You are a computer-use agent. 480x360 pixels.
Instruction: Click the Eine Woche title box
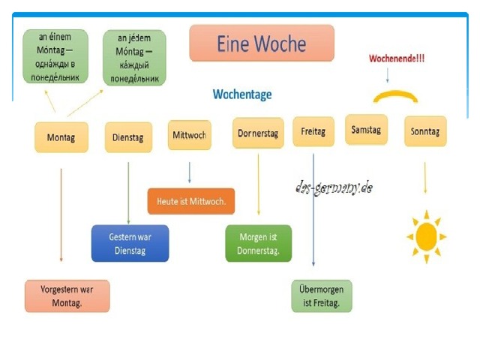(x=262, y=43)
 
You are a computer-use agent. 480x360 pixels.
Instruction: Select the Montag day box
(x=61, y=137)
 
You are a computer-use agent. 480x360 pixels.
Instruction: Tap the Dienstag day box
(x=128, y=137)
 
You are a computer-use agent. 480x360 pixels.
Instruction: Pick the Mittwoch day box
(x=190, y=135)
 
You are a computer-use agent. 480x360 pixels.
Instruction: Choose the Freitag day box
(x=313, y=131)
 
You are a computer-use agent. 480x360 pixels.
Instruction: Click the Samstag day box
(x=366, y=130)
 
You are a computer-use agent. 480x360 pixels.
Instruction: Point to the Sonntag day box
(x=425, y=131)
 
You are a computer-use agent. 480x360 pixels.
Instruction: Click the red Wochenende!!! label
(x=397, y=58)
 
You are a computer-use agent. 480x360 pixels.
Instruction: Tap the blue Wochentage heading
(x=242, y=94)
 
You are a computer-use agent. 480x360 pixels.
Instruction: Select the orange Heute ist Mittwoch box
(x=191, y=201)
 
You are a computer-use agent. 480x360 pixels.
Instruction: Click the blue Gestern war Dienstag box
(x=130, y=243)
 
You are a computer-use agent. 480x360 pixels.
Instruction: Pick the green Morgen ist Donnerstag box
(x=258, y=243)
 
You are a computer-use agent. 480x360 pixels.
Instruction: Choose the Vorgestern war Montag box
(x=67, y=296)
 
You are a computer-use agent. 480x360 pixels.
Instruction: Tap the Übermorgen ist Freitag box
(x=322, y=296)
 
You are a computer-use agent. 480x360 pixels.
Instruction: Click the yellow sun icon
(x=427, y=237)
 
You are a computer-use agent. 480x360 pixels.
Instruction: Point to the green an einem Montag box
(x=55, y=56)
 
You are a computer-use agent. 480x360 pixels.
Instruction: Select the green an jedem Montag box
(x=134, y=58)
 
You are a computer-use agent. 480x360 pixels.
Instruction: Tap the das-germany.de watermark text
(x=334, y=187)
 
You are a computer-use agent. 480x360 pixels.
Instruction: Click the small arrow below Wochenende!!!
(x=388, y=75)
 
